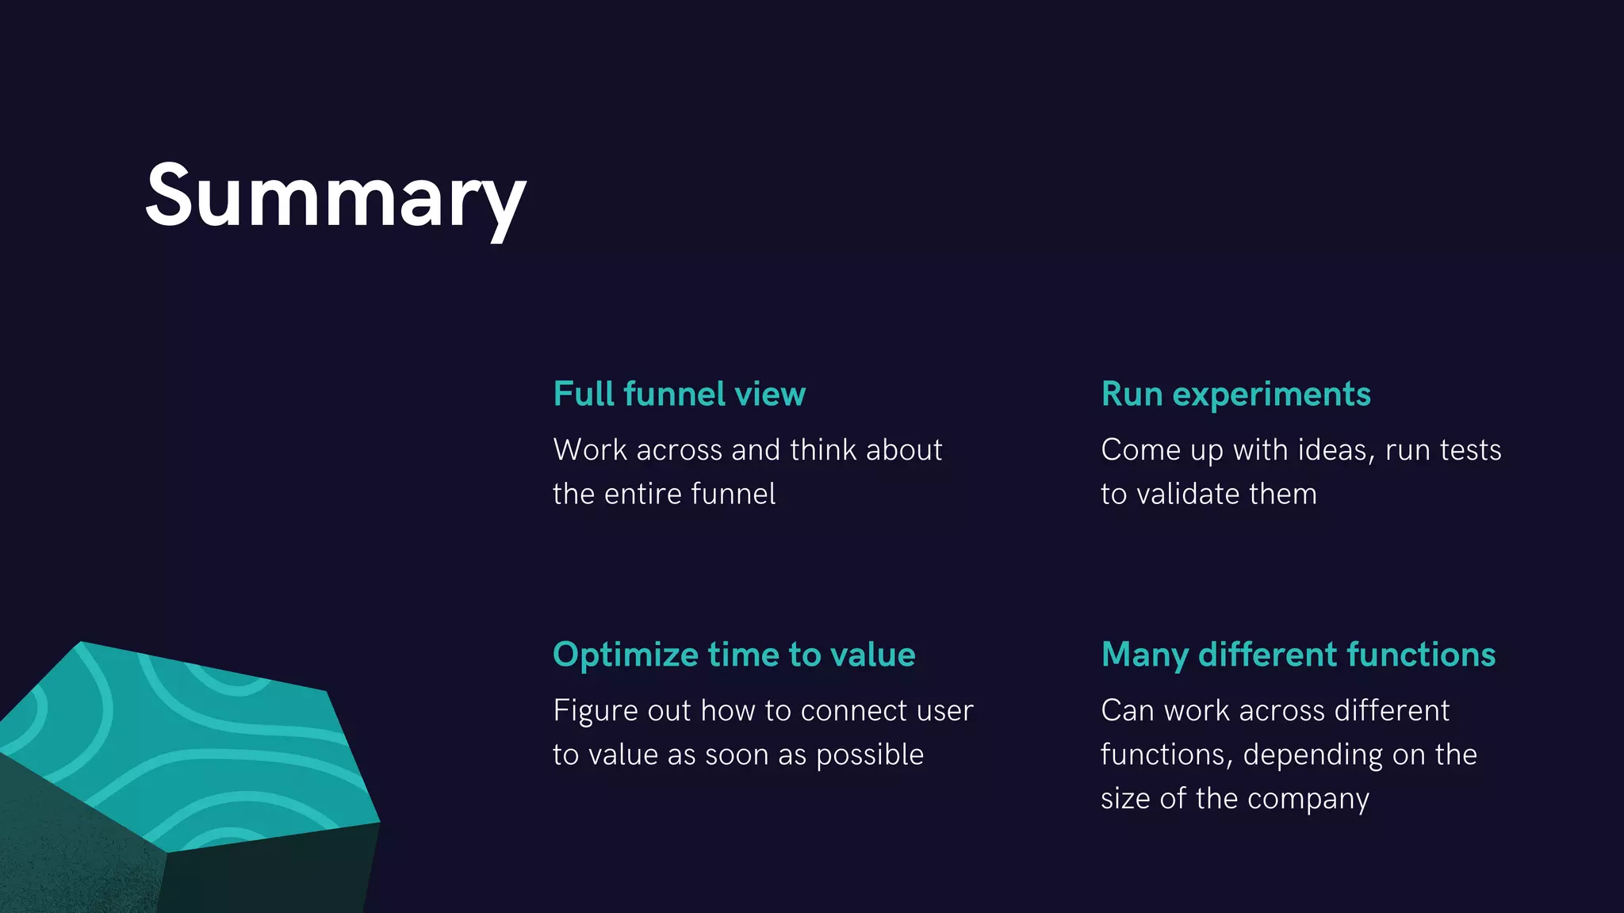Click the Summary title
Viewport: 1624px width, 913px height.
tap(335, 196)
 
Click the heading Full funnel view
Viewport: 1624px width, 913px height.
tap(679, 394)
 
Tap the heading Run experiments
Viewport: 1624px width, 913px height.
tap(1235, 394)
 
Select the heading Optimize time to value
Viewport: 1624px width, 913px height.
tap(733, 655)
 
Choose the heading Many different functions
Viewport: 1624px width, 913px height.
tap(1298, 655)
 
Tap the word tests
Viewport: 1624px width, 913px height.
tap(1471, 450)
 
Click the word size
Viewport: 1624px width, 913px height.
tap(1125, 799)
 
